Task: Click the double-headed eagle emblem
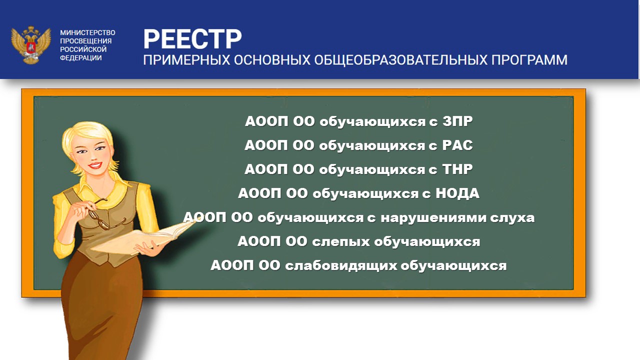point(31,45)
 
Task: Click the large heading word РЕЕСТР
point(192,39)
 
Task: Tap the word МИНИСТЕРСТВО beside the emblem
point(87,32)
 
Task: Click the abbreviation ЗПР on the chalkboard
point(457,121)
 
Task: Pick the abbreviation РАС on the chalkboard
point(457,145)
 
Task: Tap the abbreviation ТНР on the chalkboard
point(457,169)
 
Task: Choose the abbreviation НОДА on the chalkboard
point(457,193)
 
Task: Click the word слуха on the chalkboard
point(512,217)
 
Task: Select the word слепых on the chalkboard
point(340,242)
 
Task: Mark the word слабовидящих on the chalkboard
point(341,266)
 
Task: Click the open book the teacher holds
point(143,239)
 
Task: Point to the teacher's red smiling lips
point(95,165)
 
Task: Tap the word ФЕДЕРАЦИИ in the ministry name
point(81,57)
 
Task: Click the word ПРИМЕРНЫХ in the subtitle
point(186,60)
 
